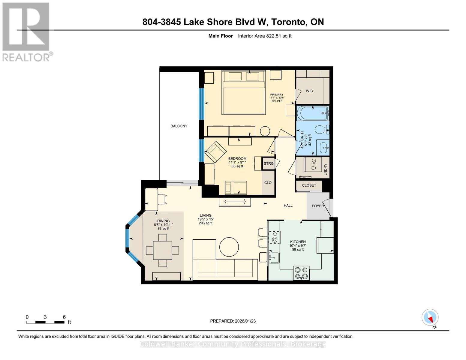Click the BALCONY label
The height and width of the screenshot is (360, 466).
click(x=179, y=126)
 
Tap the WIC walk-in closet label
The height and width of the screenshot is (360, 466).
click(x=309, y=91)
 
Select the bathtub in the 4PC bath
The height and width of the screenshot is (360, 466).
click(x=312, y=113)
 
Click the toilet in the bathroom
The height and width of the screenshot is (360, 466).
click(x=321, y=130)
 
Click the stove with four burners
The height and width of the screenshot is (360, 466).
click(x=301, y=273)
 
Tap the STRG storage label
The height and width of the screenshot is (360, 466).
click(x=269, y=163)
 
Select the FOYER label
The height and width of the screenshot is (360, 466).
click(x=318, y=206)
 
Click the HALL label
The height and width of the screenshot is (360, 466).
click(x=288, y=205)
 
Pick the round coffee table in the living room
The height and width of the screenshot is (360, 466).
click(x=229, y=247)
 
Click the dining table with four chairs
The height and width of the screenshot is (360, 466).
click(x=162, y=250)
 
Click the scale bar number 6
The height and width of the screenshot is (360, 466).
click(x=64, y=317)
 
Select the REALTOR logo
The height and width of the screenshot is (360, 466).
click(x=26, y=31)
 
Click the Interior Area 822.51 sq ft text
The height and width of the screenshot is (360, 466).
click(x=265, y=36)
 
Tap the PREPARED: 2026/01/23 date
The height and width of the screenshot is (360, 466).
click(x=233, y=321)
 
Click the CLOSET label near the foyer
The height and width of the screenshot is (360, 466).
click(x=309, y=185)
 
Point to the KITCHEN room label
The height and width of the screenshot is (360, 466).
click(x=298, y=242)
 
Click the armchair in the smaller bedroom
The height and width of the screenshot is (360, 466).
click(x=215, y=151)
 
